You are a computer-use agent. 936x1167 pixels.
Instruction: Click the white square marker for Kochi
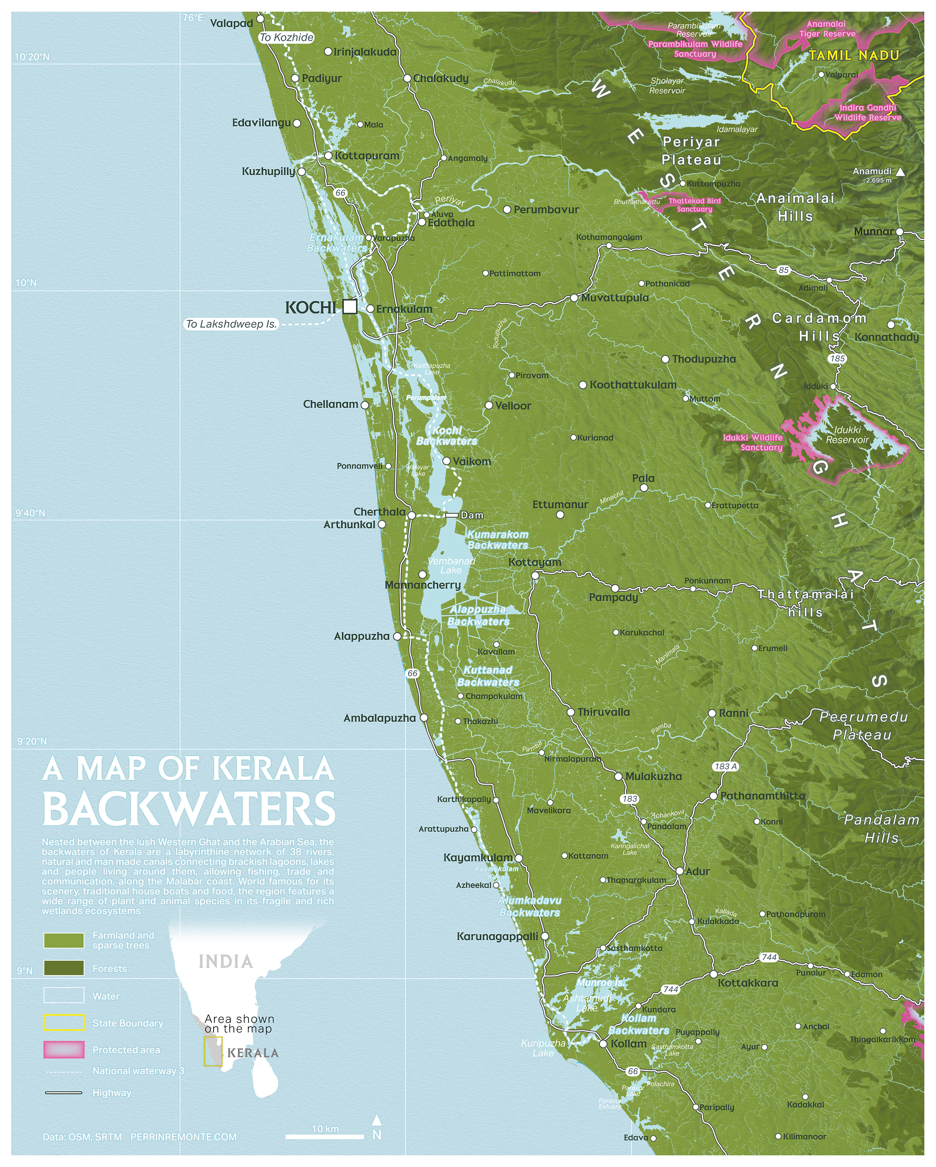350,307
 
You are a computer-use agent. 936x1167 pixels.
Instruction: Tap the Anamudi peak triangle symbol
900,172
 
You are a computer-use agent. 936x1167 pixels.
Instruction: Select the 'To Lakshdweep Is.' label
231,324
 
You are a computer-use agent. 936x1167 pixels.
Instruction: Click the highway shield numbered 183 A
726,766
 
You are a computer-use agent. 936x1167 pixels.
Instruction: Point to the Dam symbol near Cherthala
452,515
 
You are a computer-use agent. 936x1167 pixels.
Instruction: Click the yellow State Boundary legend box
64,1023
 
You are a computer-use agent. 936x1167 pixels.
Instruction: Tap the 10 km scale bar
325,1136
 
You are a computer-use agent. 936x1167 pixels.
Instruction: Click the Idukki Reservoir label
847,435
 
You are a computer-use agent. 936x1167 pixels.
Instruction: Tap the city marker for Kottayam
535,575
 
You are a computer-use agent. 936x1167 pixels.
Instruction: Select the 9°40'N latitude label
30,513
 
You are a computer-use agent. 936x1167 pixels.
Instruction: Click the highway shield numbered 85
783,270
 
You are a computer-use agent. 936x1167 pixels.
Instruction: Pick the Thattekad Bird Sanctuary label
695,205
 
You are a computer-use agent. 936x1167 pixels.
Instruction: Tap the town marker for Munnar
899,232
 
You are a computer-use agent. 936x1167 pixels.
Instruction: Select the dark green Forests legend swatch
64,968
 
